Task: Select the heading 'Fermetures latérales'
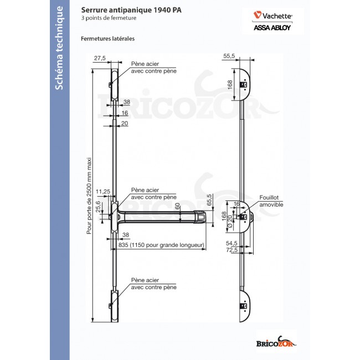pos(108,39)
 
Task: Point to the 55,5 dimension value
pos(230,56)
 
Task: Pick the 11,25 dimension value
pos(103,192)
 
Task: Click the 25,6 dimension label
pos(98,207)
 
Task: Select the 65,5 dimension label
pos(210,200)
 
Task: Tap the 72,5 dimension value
pos(232,250)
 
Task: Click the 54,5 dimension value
pos(232,243)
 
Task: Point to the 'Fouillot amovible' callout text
pos(271,201)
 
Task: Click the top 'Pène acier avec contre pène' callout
pos(153,68)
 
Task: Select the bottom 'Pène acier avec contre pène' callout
pos(153,284)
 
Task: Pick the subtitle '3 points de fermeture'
pos(109,18)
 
